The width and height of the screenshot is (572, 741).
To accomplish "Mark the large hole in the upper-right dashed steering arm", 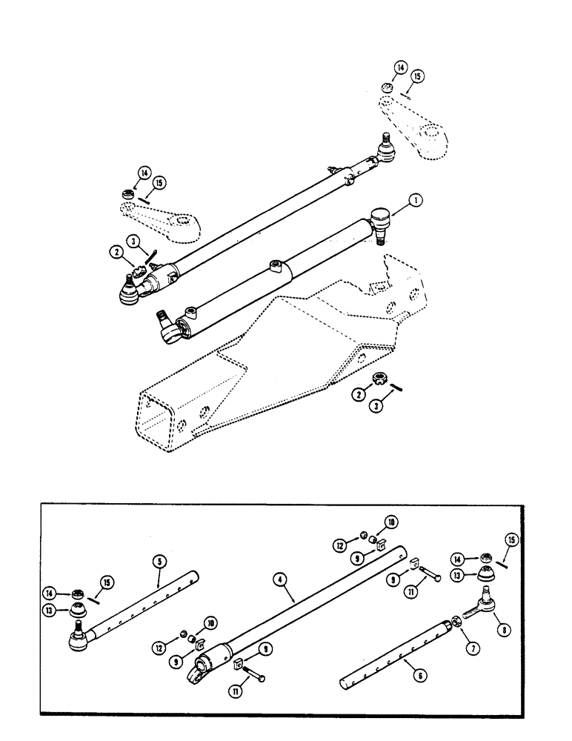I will (x=428, y=134).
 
